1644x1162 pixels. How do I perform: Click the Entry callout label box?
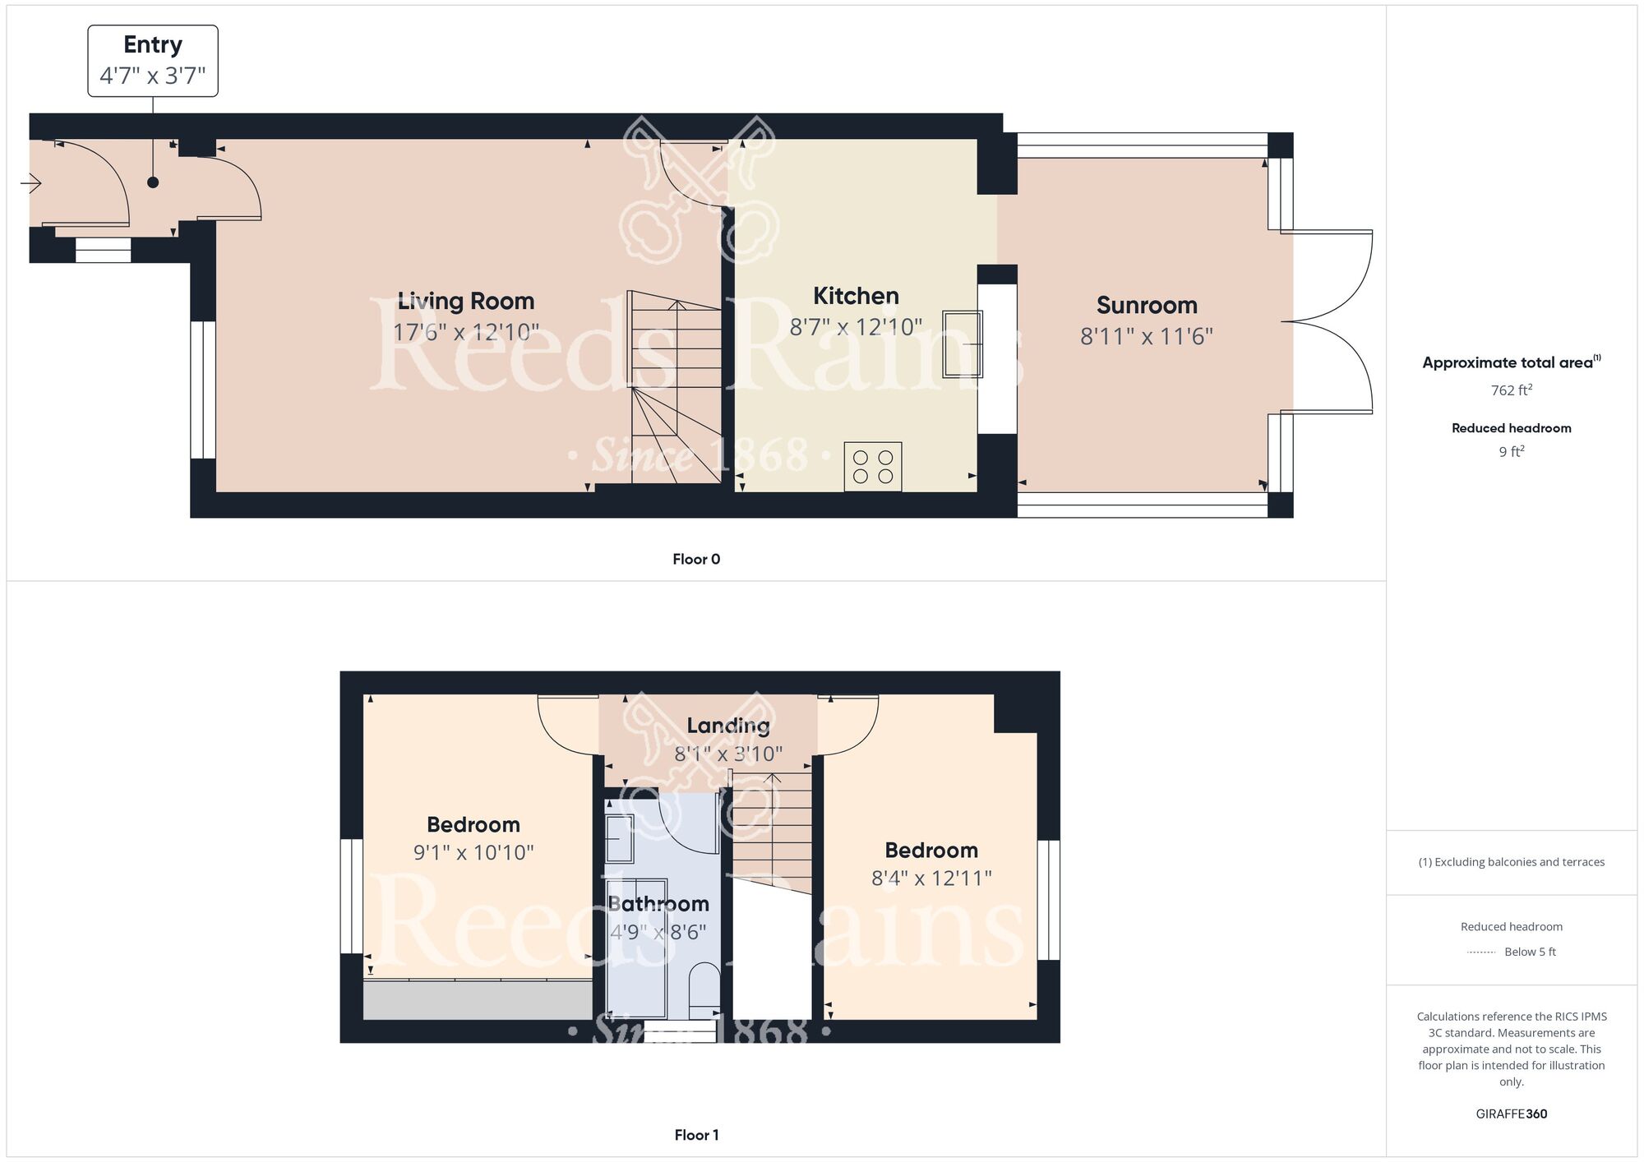point(153,61)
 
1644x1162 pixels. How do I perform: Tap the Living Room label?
point(466,301)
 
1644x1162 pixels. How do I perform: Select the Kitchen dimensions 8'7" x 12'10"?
point(856,327)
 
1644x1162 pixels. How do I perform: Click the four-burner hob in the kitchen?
point(873,467)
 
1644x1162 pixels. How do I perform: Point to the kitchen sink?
point(963,344)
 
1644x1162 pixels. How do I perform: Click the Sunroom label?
point(1147,305)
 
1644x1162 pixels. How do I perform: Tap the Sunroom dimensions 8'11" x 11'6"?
point(1147,336)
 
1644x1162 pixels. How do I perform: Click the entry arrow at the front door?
point(31,183)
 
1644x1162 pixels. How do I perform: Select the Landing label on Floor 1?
point(728,726)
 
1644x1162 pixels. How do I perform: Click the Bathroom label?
point(658,904)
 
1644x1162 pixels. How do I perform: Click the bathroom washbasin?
point(620,838)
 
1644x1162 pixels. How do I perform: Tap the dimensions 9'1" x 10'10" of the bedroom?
point(473,853)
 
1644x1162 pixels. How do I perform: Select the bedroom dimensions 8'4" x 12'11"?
point(931,878)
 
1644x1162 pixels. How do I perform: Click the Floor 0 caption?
point(696,560)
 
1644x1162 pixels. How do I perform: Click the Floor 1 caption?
point(696,1135)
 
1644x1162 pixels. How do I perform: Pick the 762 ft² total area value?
point(1512,390)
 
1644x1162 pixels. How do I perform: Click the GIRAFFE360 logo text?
point(1512,1114)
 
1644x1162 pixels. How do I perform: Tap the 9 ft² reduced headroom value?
point(1512,451)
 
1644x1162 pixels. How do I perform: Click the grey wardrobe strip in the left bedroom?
point(478,1000)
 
